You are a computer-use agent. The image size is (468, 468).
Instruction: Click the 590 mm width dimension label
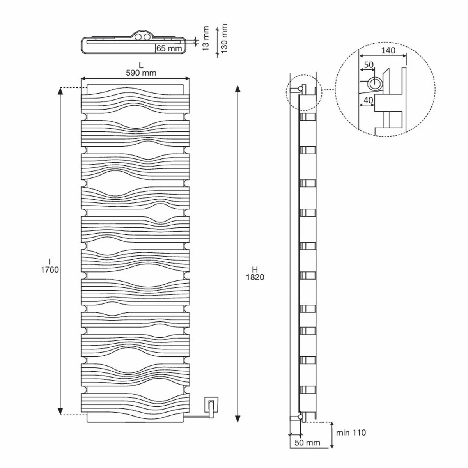point(141,73)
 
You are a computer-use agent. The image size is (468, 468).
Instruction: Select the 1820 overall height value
point(255,277)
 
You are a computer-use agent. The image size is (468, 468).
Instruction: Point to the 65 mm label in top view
point(170,49)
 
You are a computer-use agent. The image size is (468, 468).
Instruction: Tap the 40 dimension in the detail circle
point(368,100)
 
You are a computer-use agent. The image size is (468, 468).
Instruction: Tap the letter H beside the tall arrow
point(255,269)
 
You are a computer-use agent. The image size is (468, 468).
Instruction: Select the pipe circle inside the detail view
point(376,83)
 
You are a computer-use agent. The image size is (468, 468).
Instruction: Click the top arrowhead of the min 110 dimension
point(331,424)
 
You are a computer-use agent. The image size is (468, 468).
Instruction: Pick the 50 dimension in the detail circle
point(369,65)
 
